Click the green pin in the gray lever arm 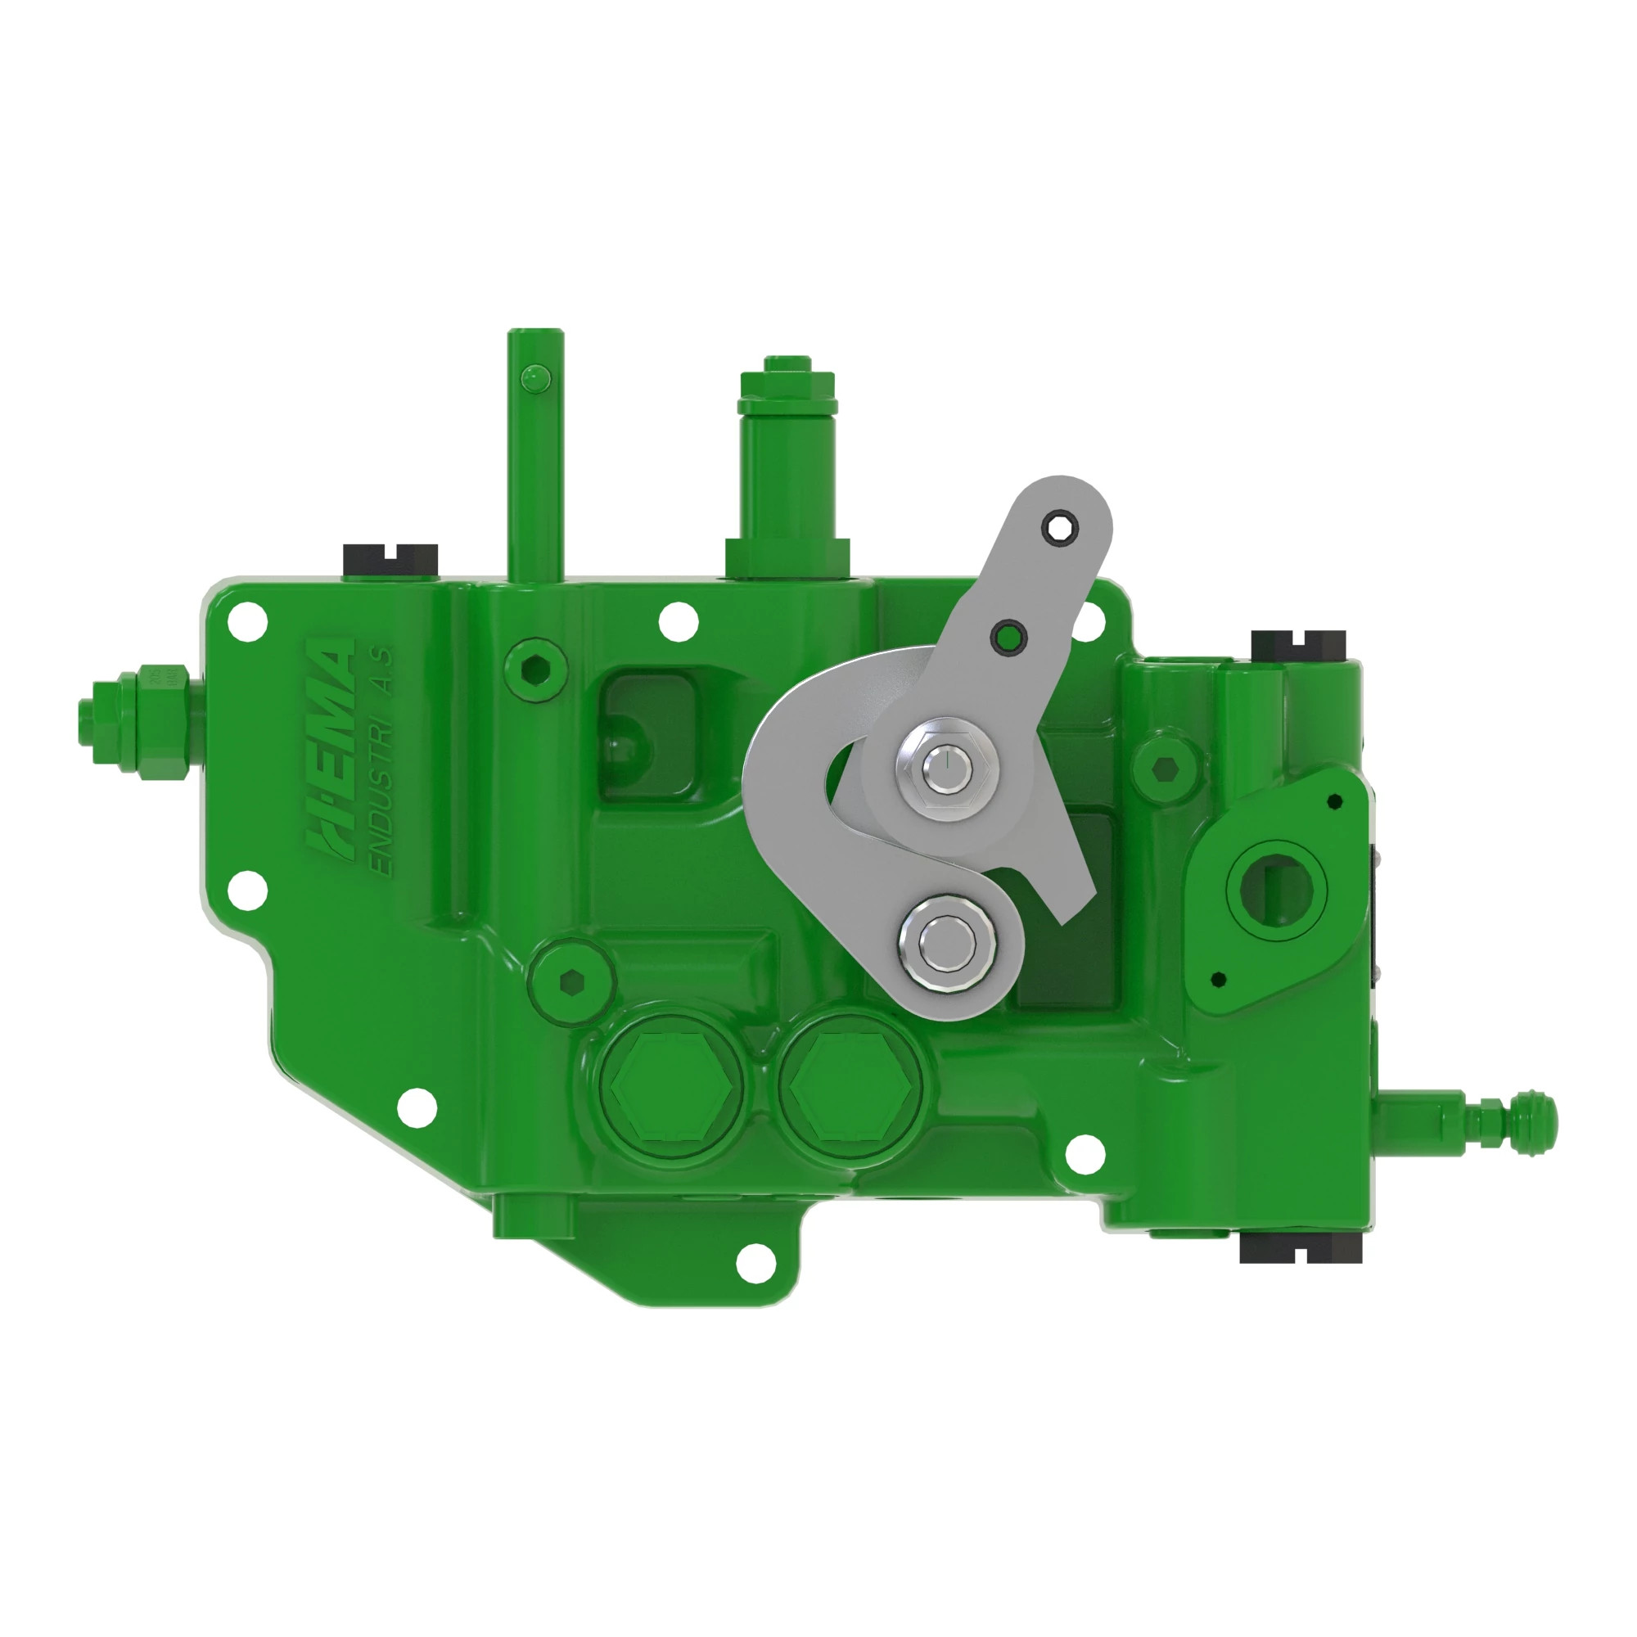point(1008,636)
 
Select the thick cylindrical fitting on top point(788,475)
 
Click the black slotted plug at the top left point(390,561)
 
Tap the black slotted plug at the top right point(1298,646)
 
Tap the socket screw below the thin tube point(534,669)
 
